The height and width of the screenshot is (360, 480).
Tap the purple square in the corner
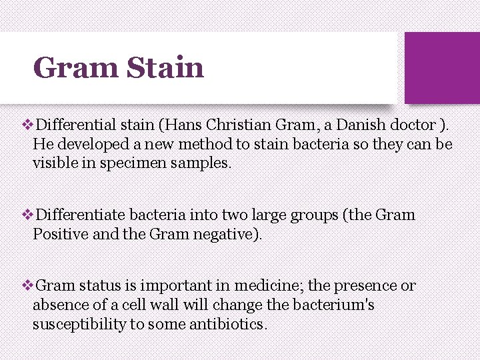click(x=442, y=68)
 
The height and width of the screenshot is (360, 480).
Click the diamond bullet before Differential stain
click(x=27, y=124)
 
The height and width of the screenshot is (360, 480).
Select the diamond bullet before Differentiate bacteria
click(x=27, y=215)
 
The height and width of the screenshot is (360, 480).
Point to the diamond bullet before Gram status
click(x=27, y=286)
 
